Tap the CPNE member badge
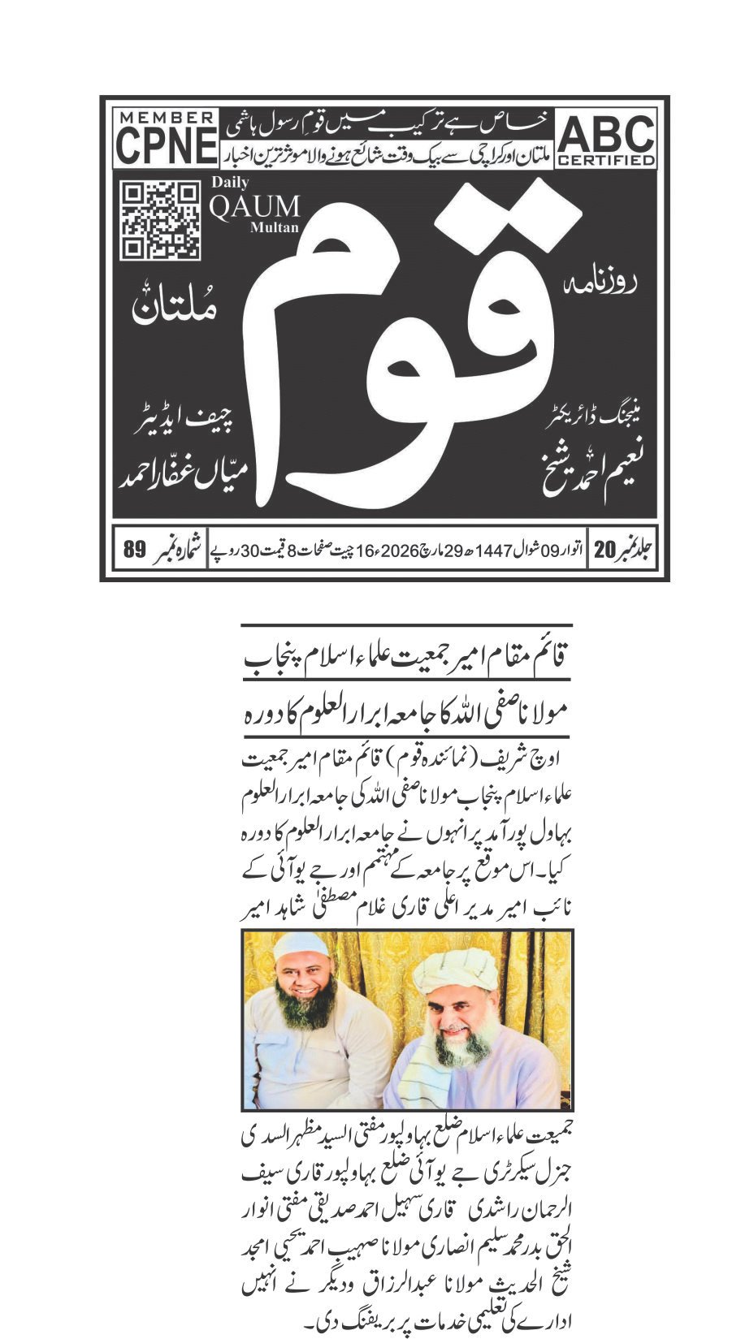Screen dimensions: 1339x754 tap(167, 139)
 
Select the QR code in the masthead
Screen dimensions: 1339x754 tap(160, 219)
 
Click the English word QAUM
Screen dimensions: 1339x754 tap(254, 207)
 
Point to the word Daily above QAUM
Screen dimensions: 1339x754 tap(230, 183)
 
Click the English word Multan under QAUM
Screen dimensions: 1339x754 tap(274, 228)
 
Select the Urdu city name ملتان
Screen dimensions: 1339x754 tap(175, 309)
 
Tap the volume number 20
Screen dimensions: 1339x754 tap(605, 550)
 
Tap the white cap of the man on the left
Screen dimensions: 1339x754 tap(302, 946)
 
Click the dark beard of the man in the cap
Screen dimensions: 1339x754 tap(307, 1008)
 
